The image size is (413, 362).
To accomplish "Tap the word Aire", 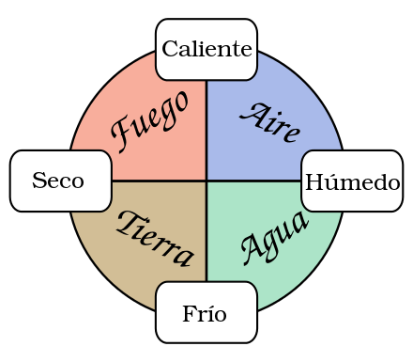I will click(270, 122).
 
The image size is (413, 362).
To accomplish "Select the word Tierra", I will click(155, 238).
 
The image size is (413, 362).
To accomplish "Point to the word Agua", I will click(273, 236).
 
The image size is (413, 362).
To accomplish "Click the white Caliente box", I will click(206, 49).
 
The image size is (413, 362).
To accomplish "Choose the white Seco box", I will click(60, 181).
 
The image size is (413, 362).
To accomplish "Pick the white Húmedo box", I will click(352, 181).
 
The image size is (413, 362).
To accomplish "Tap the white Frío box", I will click(206, 312).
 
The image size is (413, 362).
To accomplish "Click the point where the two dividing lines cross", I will click(206, 180).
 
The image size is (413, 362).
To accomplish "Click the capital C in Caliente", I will click(170, 49).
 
